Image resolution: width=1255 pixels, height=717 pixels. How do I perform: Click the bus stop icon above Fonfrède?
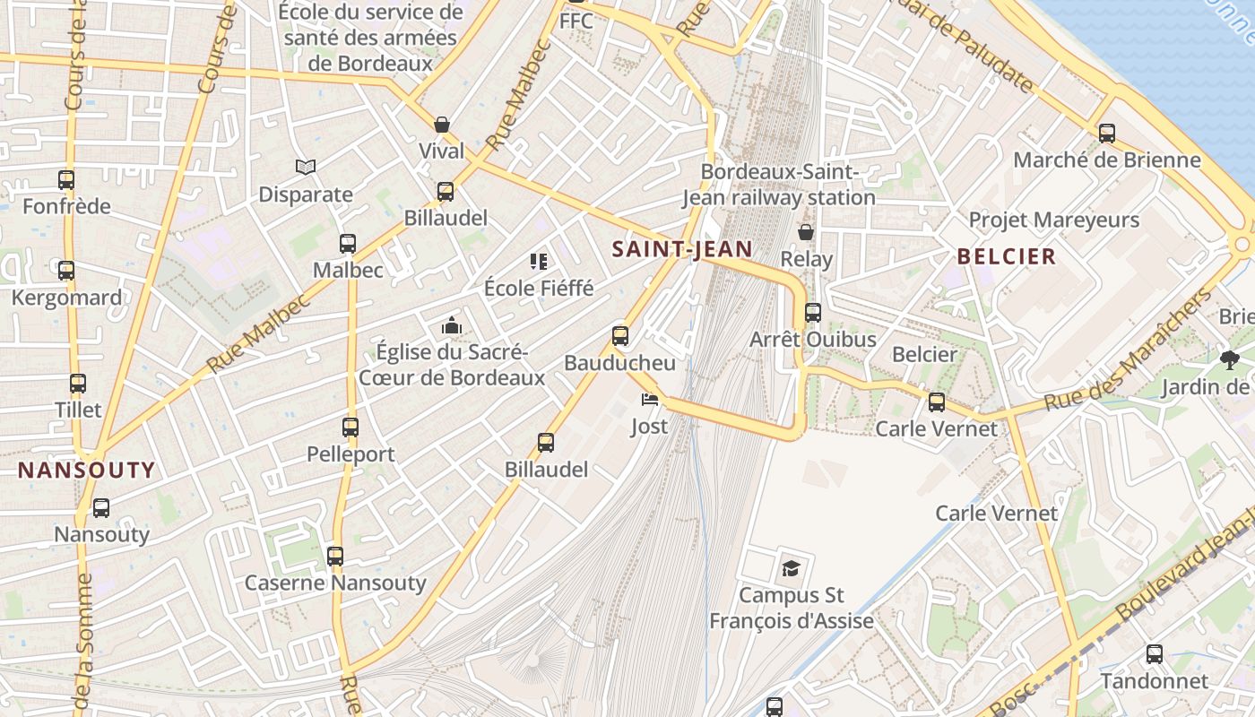click(x=66, y=180)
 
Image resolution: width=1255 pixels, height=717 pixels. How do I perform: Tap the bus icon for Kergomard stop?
click(x=66, y=271)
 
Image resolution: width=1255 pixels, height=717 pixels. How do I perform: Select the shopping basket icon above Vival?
click(x=442, y=125)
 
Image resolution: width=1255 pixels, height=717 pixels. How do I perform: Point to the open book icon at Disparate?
click(x=306, y=167)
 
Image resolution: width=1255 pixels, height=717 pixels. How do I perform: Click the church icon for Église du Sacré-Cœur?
click(x=452, y=325)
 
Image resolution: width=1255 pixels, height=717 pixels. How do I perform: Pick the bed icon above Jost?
click(x=650, y=399)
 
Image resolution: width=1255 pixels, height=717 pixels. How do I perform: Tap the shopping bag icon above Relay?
click(x=806, y=232)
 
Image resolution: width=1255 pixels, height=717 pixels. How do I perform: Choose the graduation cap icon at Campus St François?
click(x=791, y=567)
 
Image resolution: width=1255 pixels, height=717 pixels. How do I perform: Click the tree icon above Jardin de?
click(x=1229, y=360)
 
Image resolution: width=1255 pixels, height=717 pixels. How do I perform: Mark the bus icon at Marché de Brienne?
click(x=1107, y=134)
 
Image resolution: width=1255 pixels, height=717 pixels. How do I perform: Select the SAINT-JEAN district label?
click(x=682, y=249)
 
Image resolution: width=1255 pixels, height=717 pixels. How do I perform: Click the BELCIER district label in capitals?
click(x=1007, y=256)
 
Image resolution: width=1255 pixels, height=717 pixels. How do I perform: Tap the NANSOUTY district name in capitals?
click(x=87, y=470)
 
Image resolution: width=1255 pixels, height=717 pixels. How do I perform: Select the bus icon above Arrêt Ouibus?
click(x=813, y=313)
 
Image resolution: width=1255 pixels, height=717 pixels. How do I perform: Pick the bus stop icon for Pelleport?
click(x=351, y=428)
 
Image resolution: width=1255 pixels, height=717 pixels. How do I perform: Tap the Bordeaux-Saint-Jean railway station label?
click(x=778, y=184)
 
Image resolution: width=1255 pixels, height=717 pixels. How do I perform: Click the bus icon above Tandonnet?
click(x=1155, y=654)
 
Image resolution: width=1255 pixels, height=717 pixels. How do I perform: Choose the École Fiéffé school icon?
click(x=539, y=262)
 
